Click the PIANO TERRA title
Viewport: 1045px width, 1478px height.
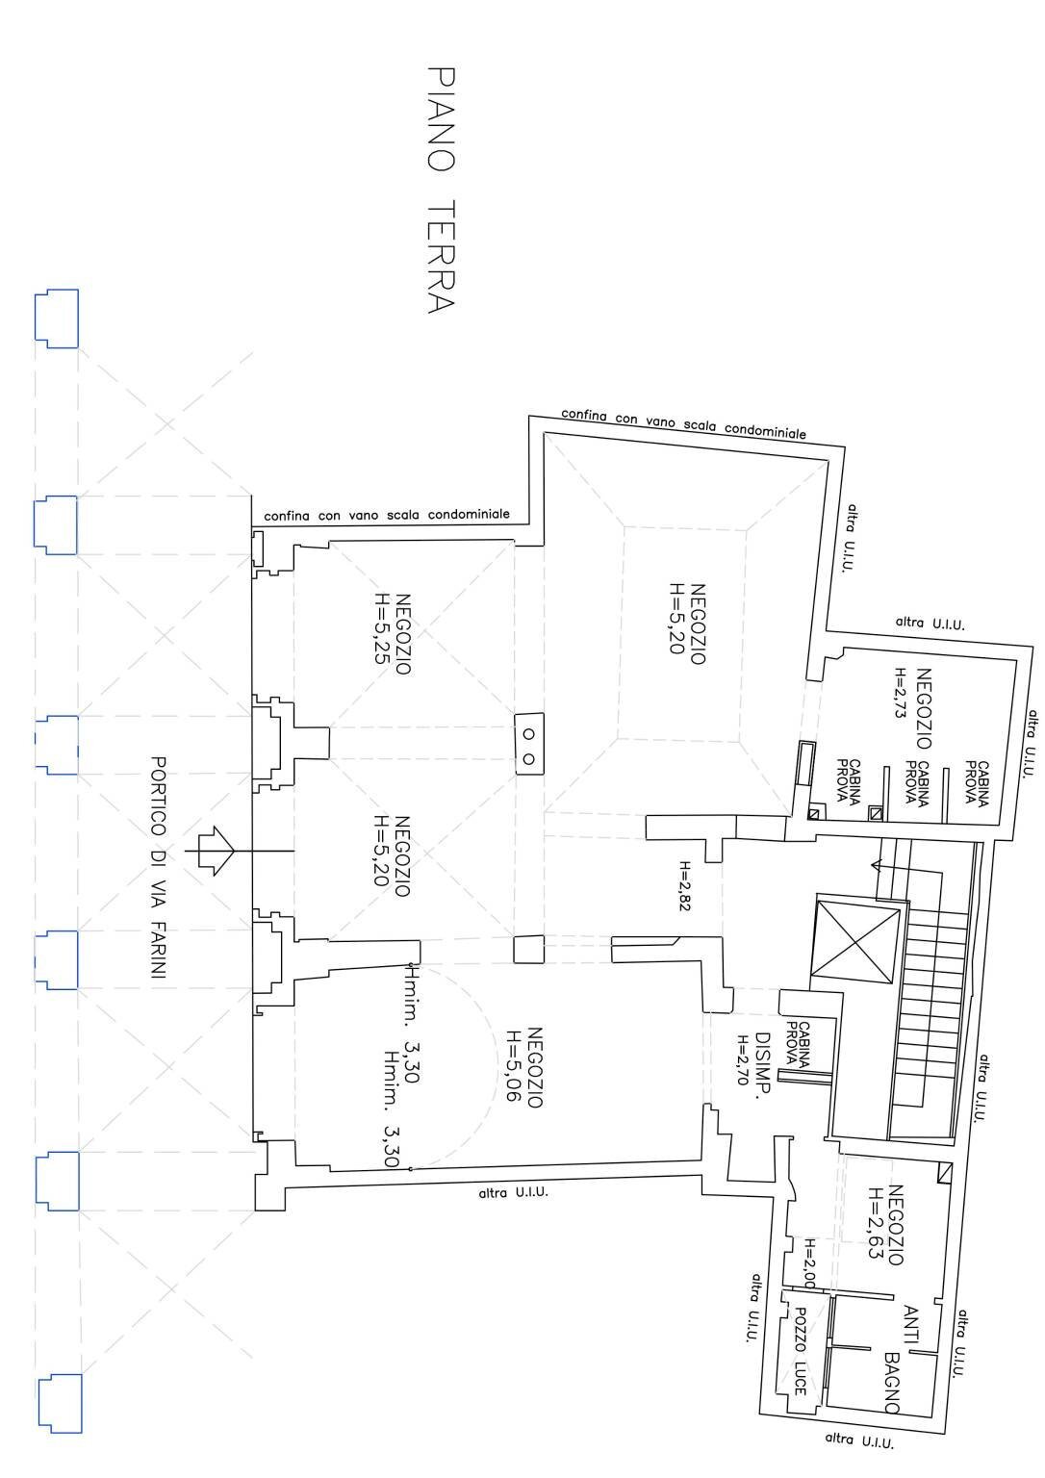(440, 190)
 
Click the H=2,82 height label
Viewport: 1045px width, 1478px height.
(685, 885)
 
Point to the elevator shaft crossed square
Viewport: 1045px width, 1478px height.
(857, 944)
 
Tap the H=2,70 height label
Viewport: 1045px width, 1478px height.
(743, 1060)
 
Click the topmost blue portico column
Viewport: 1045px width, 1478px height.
(56, 318)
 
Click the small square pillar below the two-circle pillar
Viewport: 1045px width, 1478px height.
(527, 950)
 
